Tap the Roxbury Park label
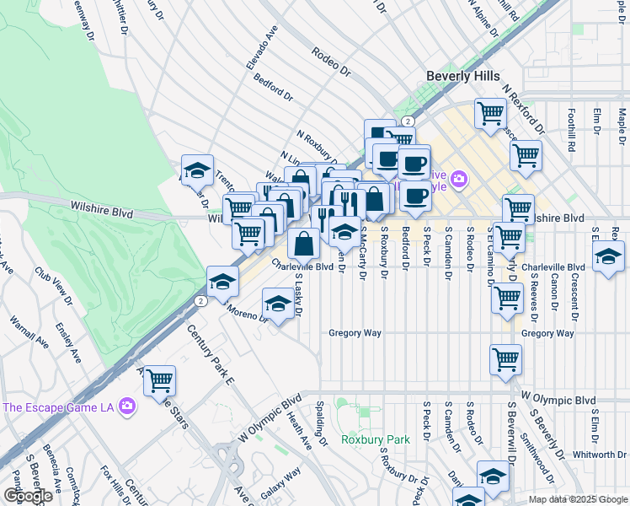click(375, 439)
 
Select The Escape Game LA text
click(56, 407)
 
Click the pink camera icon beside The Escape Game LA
click(127, 407)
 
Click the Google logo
click(28, 496)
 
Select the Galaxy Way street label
click(280, 484)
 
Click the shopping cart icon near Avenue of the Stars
click(159, 380)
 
